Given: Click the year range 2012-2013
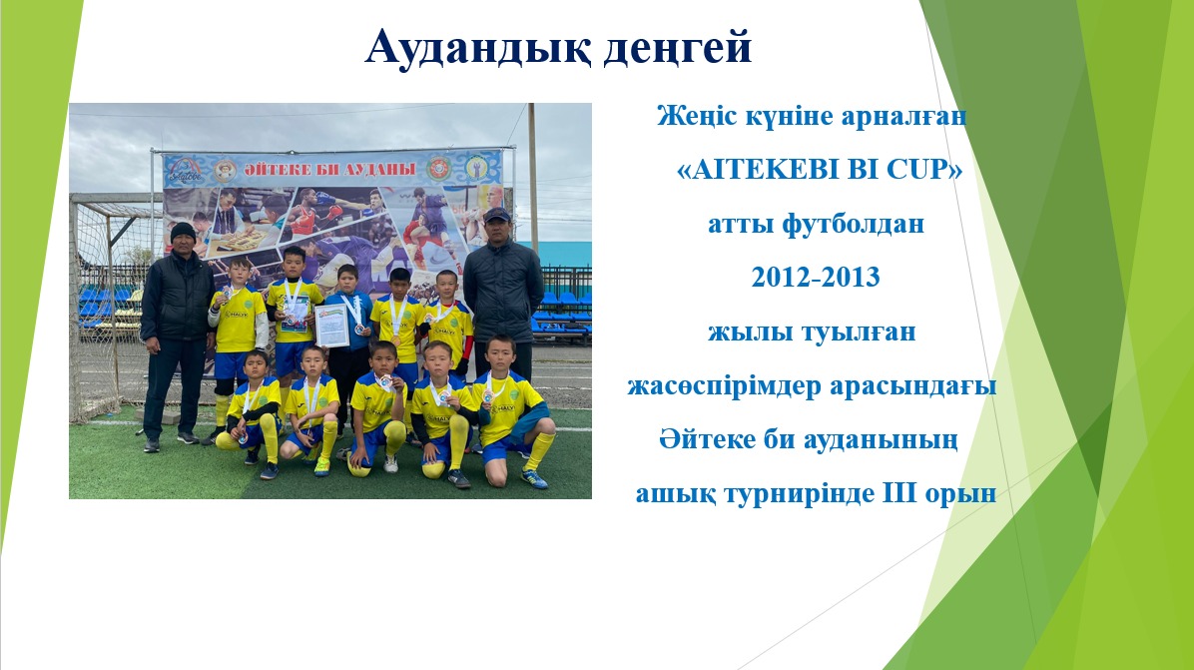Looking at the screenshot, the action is [x=816, y=278].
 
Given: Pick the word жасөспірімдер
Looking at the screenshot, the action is [x=725, y=386].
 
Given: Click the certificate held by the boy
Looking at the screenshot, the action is [x=332, y=326].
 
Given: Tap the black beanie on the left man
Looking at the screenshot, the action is [x=182, y=231].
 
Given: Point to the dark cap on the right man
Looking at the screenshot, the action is [x=496, y=215].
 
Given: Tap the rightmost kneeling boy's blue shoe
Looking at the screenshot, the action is [x=534, y=478].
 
